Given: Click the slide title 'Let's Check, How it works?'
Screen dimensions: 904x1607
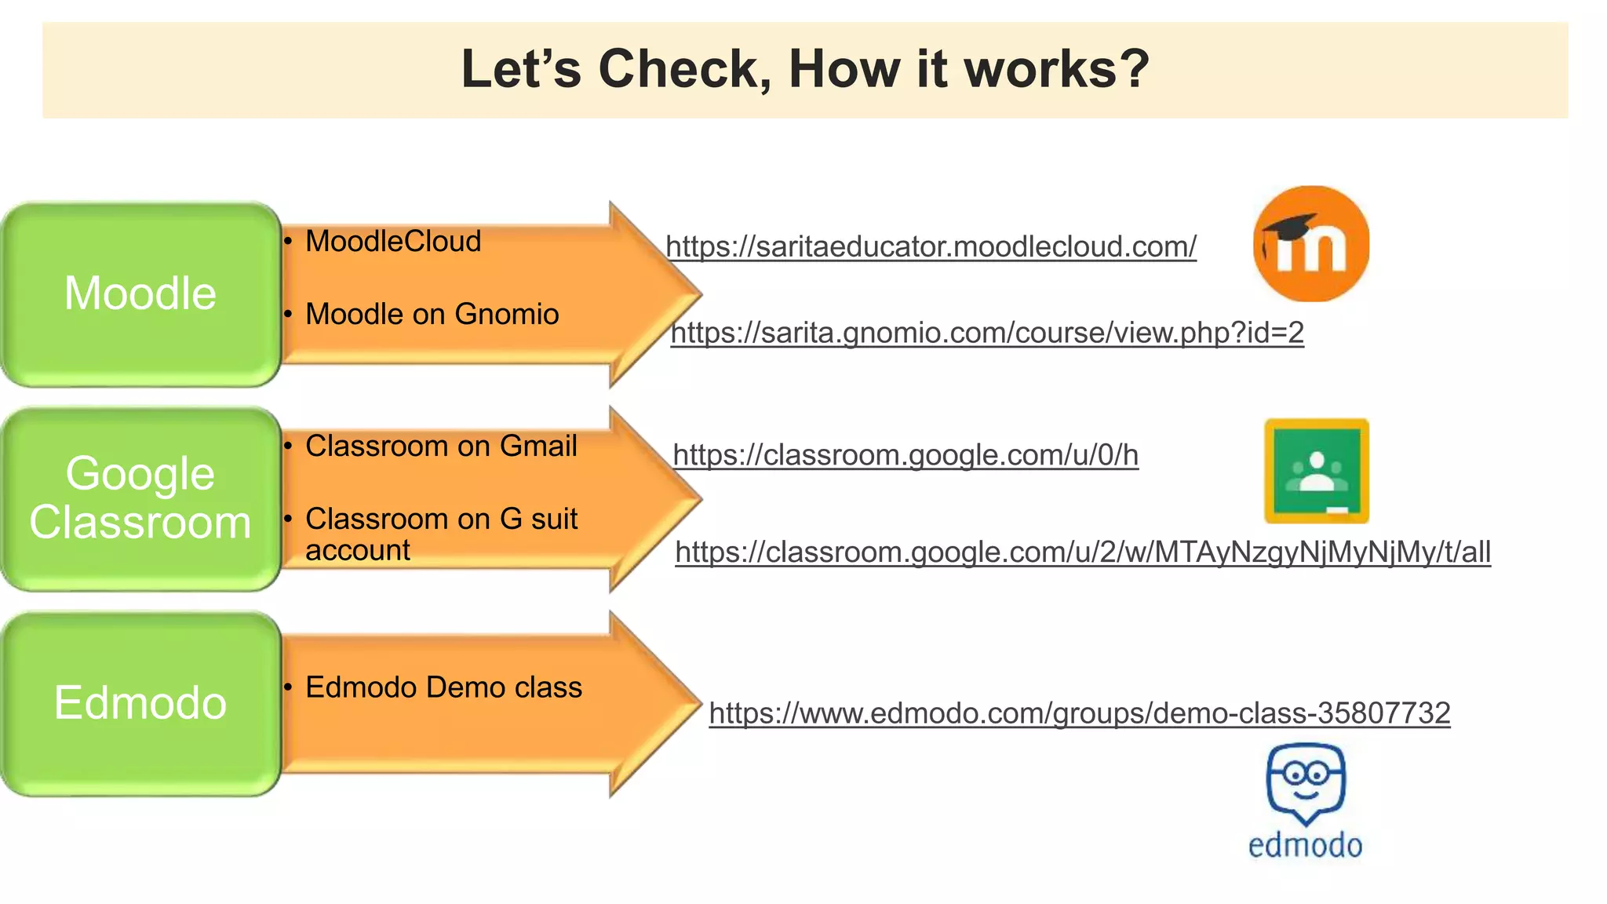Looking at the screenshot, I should click(x=805, y=69).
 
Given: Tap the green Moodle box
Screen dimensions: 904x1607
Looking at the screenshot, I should click(x=140, y=294).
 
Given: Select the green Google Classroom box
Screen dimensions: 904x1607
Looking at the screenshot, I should click(x=140, y=498).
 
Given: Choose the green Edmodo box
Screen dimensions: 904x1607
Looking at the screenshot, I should click(x=140, y=703).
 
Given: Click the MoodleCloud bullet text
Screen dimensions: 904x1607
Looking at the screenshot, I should click(x=393, y=242).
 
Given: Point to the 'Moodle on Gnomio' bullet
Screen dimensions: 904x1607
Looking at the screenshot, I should click(x=432, y=315).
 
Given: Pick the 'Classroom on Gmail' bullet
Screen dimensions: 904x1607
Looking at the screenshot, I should click(x=441, y=447).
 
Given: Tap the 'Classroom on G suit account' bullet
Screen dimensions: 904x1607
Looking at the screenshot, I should click(x=441, y=534).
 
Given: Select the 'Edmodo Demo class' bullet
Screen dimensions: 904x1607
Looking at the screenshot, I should click(x=443, y=687).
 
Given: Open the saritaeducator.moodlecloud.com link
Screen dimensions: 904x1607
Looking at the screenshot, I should click(x=931, y=247).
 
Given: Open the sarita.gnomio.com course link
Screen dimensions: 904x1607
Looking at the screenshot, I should click(x=987, y=334).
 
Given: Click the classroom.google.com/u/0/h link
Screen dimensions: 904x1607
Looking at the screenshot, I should click(x=906, y=455).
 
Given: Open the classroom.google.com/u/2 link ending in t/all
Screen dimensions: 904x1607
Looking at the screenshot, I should click(x=1083, y=552).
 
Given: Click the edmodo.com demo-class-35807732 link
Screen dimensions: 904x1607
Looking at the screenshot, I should click(x=1079, y=713).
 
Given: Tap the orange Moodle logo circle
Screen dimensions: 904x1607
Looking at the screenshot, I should click(x=1311, y=244).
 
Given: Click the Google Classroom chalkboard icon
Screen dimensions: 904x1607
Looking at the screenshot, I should click(x=1317, y=471).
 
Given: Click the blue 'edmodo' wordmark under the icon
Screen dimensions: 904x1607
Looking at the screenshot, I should click(x=1305, y=846).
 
